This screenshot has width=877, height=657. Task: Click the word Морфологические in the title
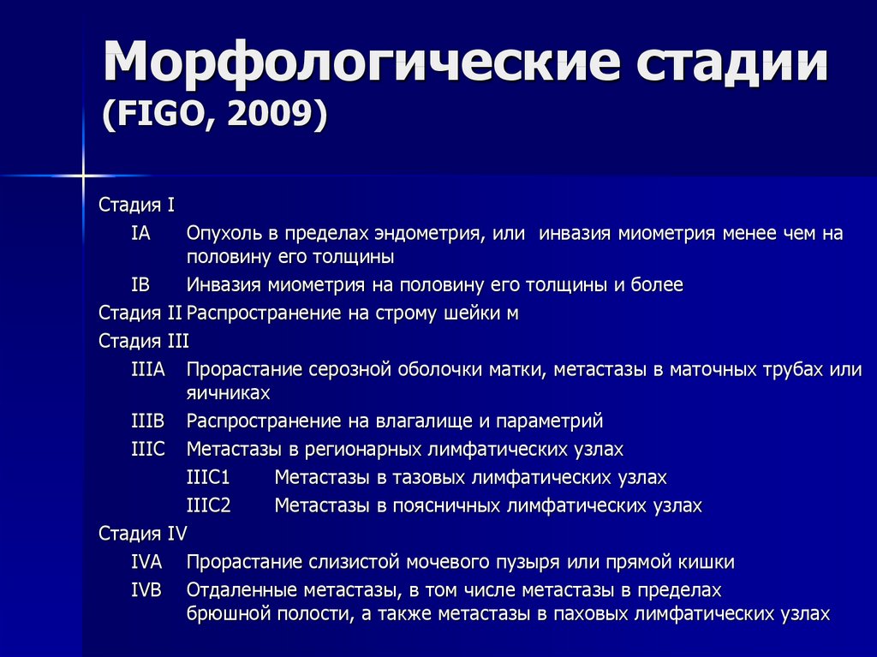361,63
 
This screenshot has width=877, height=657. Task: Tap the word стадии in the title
732,62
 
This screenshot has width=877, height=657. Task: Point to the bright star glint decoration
83,176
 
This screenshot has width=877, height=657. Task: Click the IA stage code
140,233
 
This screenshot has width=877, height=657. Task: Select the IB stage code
140,285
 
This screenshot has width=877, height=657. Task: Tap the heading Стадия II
140,313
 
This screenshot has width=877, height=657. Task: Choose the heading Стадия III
144,341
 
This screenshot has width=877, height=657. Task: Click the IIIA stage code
148,369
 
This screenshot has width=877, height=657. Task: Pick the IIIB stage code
148,421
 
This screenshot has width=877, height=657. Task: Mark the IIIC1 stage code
208,477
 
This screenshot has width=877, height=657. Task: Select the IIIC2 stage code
209,505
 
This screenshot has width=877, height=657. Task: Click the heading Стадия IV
143,534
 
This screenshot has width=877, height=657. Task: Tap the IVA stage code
146,562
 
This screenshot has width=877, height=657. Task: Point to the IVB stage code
146,590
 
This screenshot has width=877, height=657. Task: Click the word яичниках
228,393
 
